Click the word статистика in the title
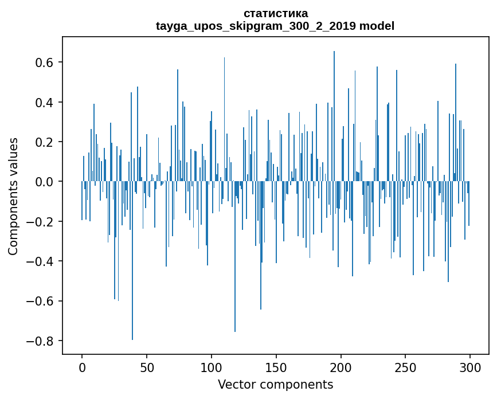point(275,13)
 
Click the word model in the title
point(377,26)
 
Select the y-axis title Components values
point(13,196)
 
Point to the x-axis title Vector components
point(275,384)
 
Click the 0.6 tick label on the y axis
point(44,62)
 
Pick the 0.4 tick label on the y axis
point(44,103)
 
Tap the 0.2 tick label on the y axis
point(44,142)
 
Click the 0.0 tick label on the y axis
point(44,182)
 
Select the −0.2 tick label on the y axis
point(40,222)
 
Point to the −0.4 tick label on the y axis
point(40,261)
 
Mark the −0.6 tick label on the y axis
point(40,302)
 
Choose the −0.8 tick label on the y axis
point(40,341)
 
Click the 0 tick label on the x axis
point(82,367)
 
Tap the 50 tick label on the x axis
point(147,367)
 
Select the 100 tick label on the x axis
point(212,367)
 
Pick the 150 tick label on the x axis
point(276,367)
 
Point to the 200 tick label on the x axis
point(341,367)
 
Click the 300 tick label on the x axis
point(471,367)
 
